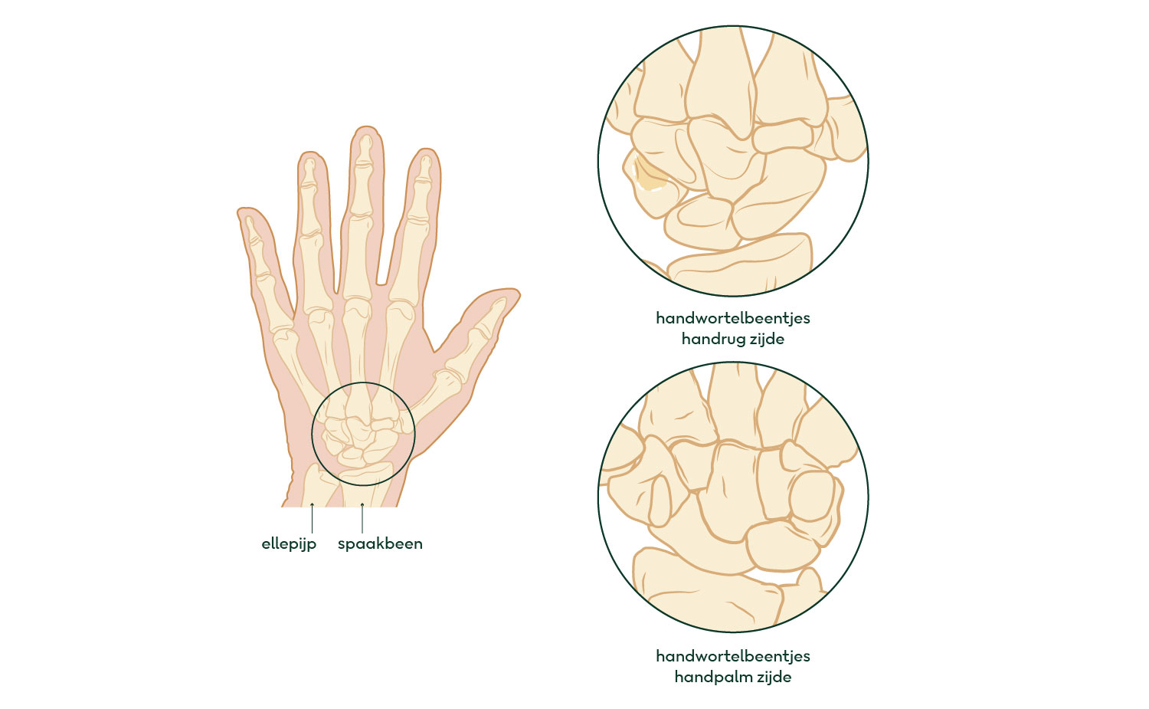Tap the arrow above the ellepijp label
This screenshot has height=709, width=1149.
coord(312,518)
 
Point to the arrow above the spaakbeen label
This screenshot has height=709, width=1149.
coord(362,518)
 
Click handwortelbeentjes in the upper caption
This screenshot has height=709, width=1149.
coord(733,318)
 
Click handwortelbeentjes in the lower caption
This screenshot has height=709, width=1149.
coord(733,656)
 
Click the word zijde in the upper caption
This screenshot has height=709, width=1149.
coord(768,340)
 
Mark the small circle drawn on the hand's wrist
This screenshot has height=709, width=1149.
coord(363,382)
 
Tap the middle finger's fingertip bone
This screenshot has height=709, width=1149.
coord(365,149)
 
